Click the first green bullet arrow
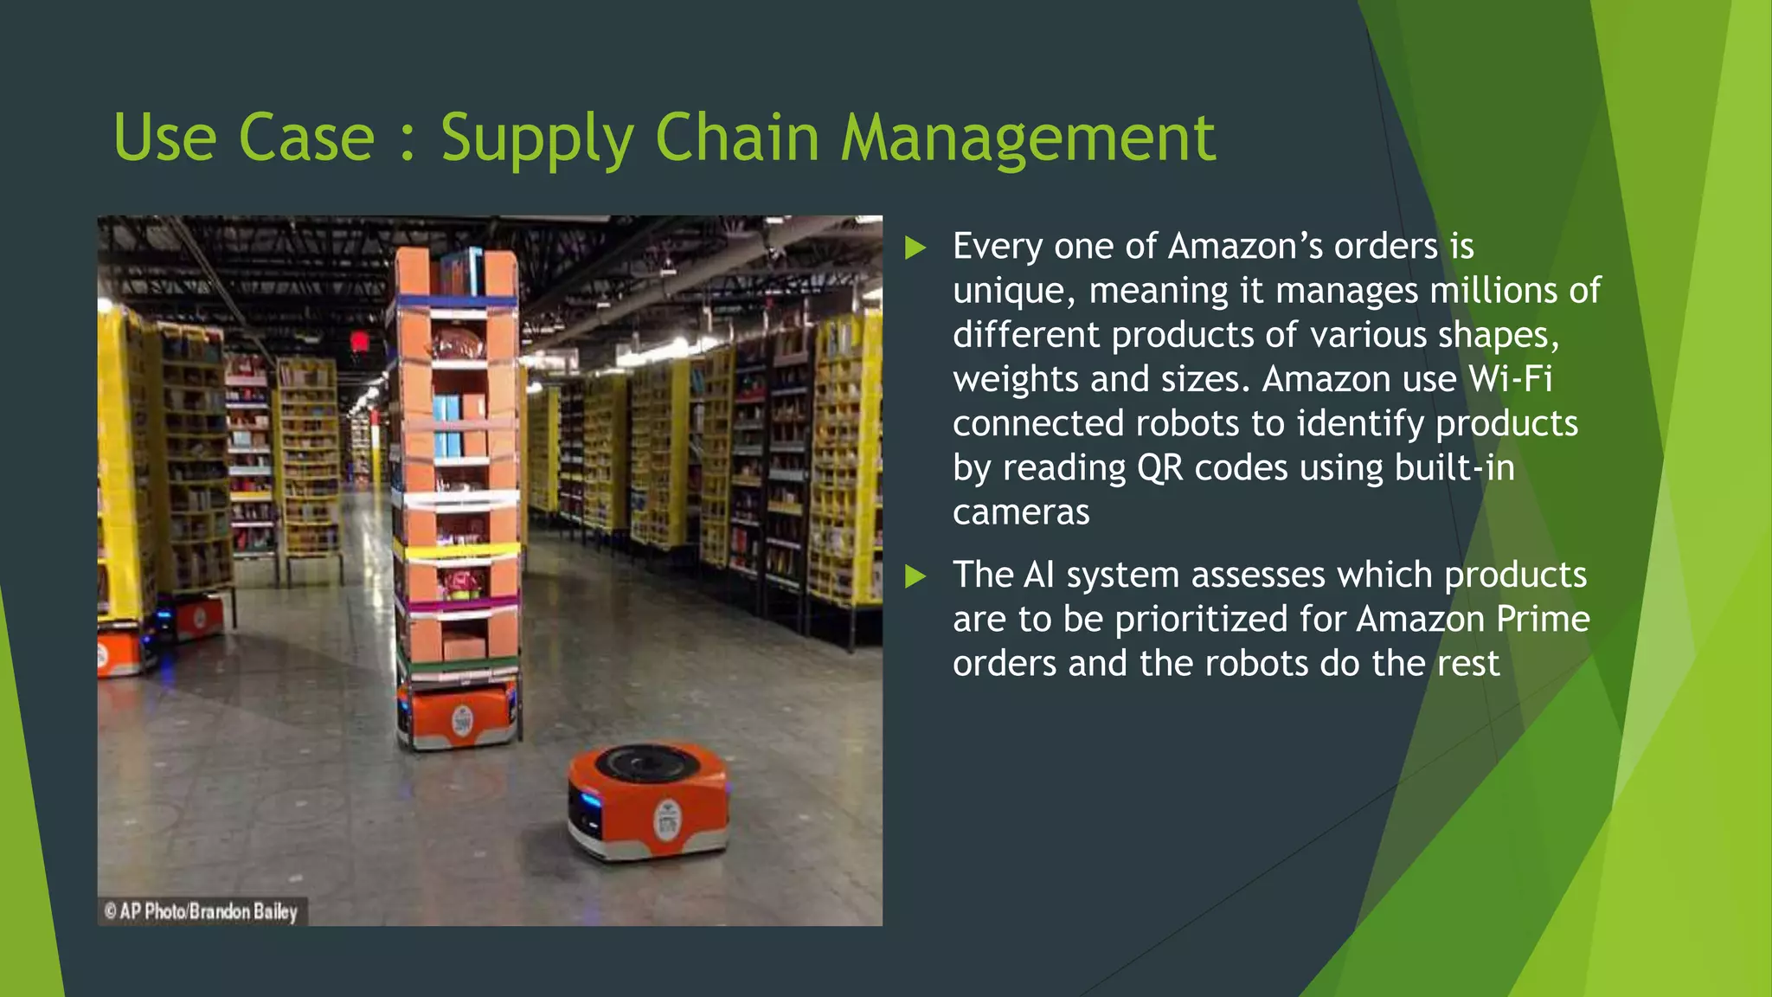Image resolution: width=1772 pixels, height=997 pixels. pyautogui.click(x=915, y=248)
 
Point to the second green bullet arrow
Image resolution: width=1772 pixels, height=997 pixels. pyautogui.click(x=915, y=576)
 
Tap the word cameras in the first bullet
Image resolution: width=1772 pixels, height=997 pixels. pyautogui.click(x=1021, y=512)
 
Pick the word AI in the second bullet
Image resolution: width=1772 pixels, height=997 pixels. pyautogui.click(x=1038, y=576)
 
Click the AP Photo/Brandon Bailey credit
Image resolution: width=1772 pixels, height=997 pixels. pyautogui.click(x=201, y=911)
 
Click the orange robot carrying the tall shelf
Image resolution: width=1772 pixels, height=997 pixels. pyautogui.click(x=459, y=714)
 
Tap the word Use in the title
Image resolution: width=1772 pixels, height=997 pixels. pyautogui.click(x=164, y=138)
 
